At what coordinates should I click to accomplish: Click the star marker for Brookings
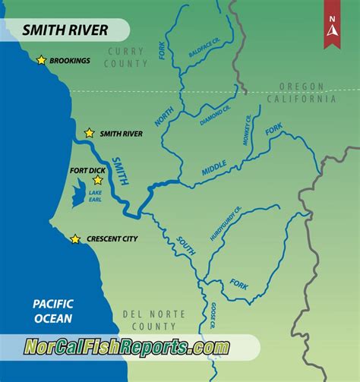click(x=41, y=60)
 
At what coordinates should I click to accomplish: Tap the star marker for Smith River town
click(x=90, y=133)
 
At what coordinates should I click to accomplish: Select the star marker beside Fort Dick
click(x=98, y=180)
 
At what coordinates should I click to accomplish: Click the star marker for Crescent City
click(x=75, y=239)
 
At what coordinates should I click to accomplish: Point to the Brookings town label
click(x=71, y=60)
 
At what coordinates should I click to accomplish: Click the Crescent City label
click(x=113, y=239)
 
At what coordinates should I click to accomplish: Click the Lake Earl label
click(x=95, y=196)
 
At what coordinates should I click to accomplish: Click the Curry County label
click(x=127, y=58)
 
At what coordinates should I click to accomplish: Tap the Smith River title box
click(x=65, y=30)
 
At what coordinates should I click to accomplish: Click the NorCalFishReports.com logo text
click(x=125, y=347)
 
